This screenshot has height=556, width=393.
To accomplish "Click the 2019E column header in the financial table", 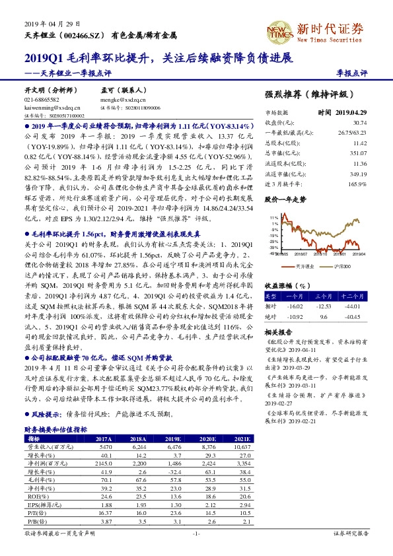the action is [x=173, y=438].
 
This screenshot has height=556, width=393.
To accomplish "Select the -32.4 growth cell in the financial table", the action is [x=173, y=472].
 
